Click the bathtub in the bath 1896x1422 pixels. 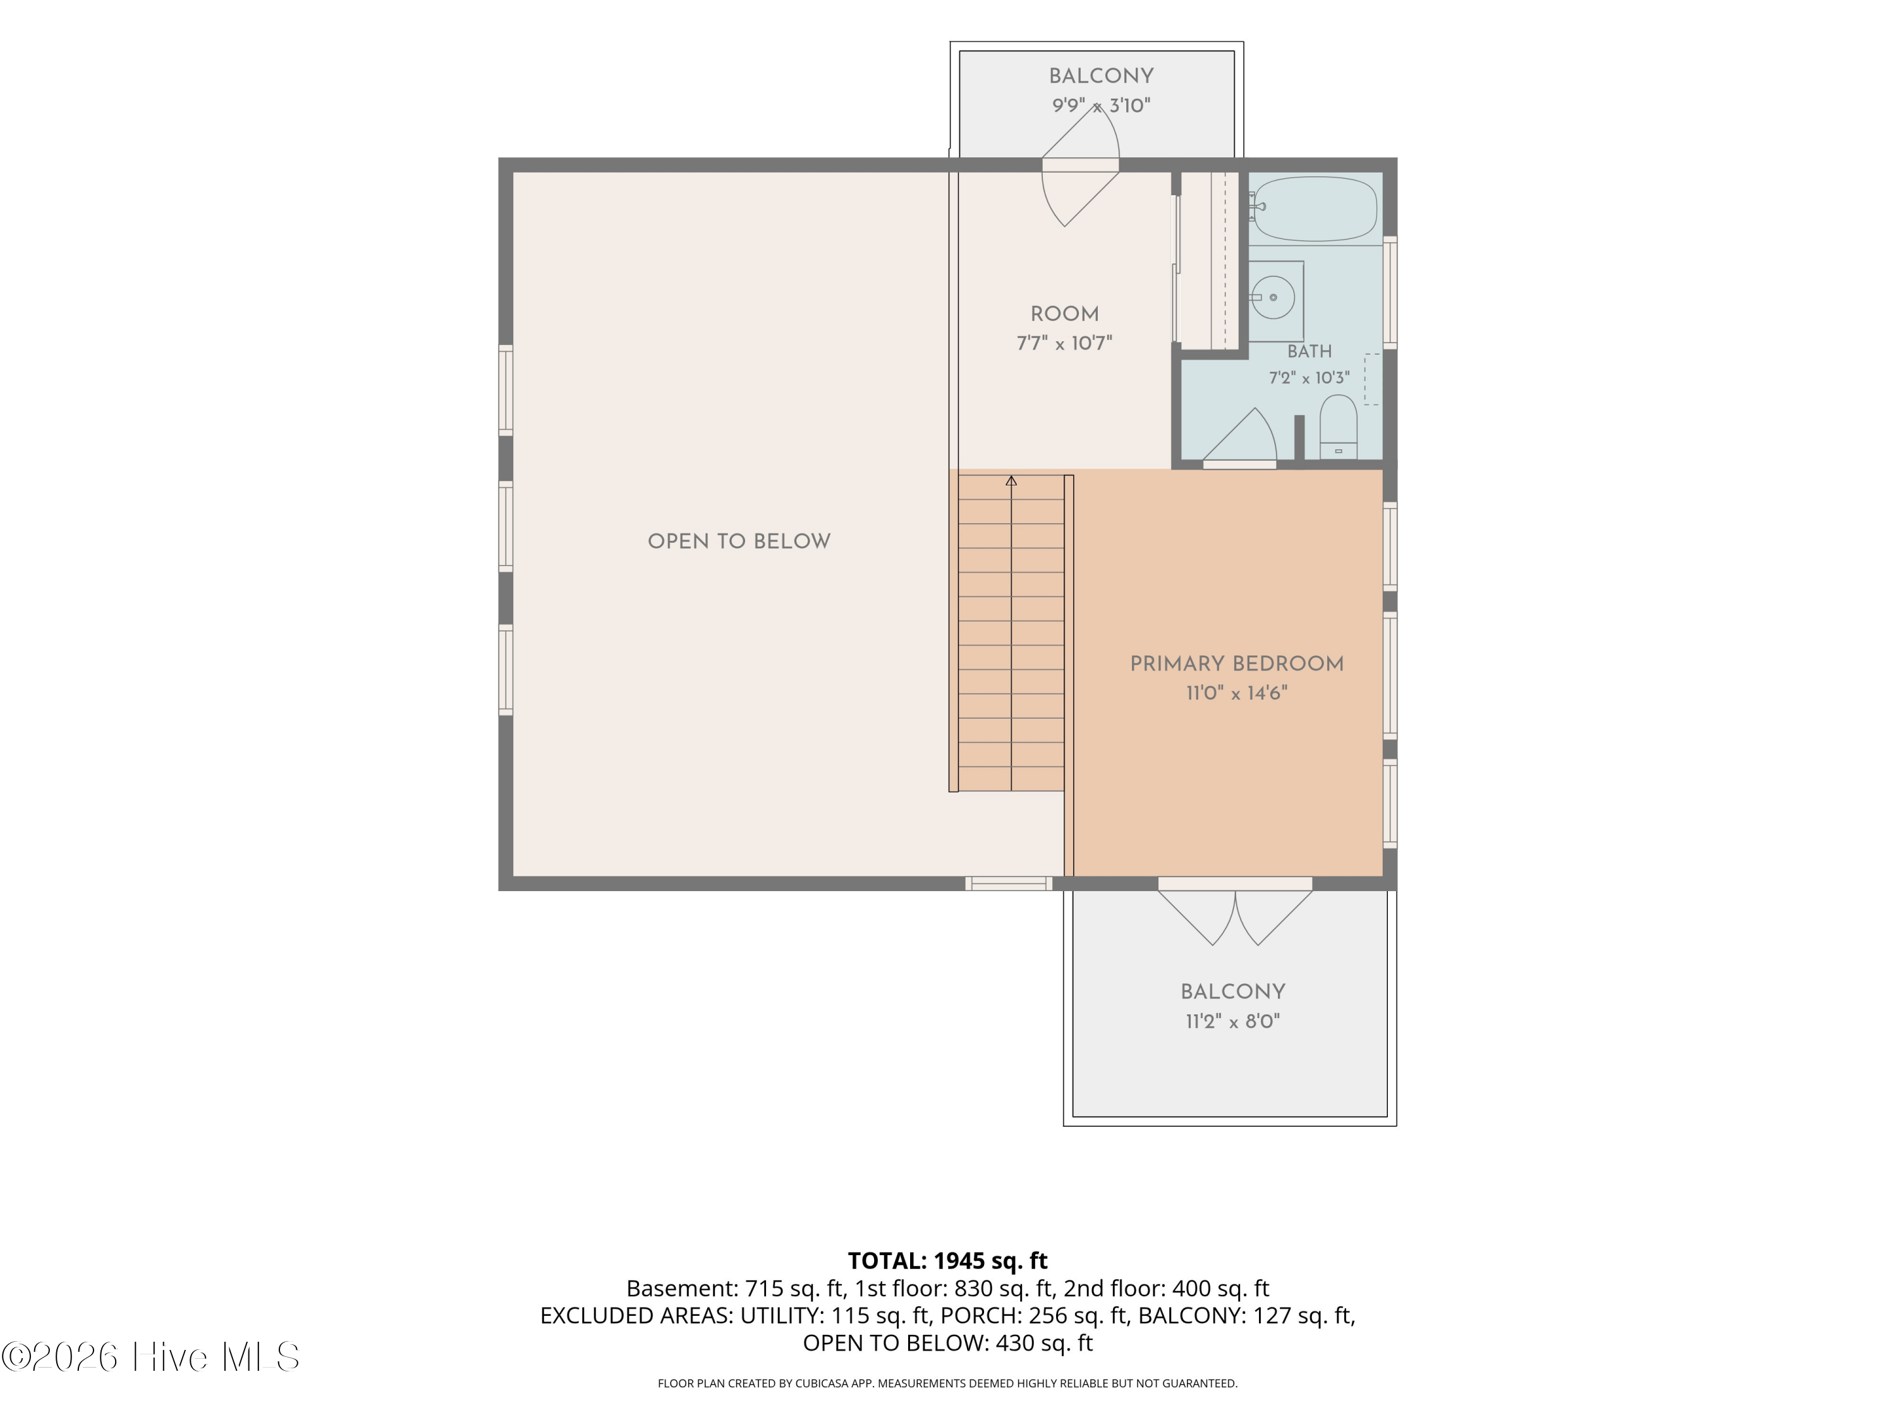[x=1314, y=209]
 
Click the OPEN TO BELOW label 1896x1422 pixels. [x=739, y=542]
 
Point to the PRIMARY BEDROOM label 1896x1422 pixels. [x=1236, y=664]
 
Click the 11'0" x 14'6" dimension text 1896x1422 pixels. [x=1236, y=693]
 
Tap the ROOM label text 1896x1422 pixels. [x=1064, y=315]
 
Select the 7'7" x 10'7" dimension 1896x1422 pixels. [x=1064, y=344]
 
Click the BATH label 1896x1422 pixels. [x=1310, y=351]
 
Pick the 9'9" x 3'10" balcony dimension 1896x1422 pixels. [x=1102, y=106]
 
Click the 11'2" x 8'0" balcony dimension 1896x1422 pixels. [x=1232, y=1022]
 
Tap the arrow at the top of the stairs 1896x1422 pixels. [x=1011, y=481]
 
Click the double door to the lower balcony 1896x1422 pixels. [x=1235, y=912]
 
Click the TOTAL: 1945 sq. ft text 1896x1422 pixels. [x=947, y=1261]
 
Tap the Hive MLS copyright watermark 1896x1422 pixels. [x=151, y=1357]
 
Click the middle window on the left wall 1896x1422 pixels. [x=506, y=526]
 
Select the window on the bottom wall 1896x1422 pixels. [x=1009, y=884]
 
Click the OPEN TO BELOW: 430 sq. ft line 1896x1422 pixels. [x=948, y=1343]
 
